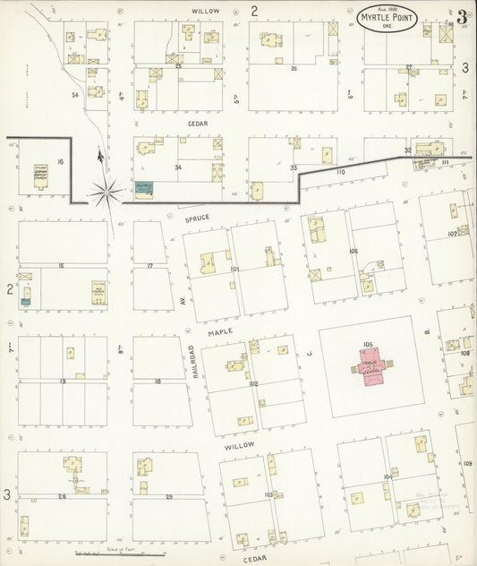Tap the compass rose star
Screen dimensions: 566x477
pos(106,189)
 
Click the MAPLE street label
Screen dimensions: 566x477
pos(221,331)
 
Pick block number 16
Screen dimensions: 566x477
pos(61,160)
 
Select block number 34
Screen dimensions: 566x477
pos(178,167)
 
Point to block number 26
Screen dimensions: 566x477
pos(293,67)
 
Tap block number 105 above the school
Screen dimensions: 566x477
pos(367,343)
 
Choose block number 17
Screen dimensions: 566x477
pos(150,266)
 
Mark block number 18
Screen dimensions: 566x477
pos(158,382)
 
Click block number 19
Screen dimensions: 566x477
pos(63,382)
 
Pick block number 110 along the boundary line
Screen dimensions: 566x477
pos(340,170)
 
